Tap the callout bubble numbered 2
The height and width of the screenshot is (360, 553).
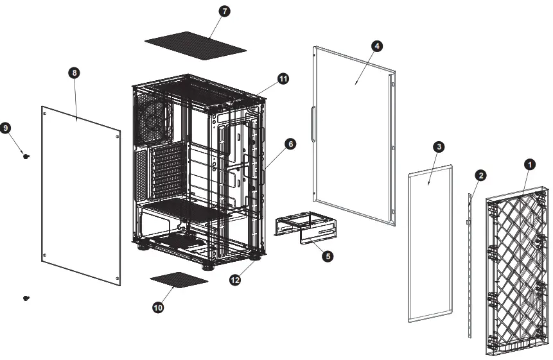click(480, 175)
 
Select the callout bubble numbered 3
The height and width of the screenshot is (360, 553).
click(438, 147)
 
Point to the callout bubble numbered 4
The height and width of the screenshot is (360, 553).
click(377, 46)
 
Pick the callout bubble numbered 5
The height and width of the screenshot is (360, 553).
click(327, 256)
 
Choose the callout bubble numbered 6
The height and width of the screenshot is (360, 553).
click(290, 144)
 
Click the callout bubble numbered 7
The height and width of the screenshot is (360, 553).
click(225, 12)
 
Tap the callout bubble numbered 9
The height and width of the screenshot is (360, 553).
click(6, 128)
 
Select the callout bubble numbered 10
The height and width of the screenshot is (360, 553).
click(158, 308)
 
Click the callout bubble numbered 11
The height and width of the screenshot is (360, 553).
click(283, 78)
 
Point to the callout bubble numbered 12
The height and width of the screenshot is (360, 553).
click(235, 280)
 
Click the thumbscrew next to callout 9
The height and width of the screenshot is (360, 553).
click(26, 155)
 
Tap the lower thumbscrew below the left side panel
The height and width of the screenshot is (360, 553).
click(26, 298)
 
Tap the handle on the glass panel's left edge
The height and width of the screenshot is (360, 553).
click(312, 123)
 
